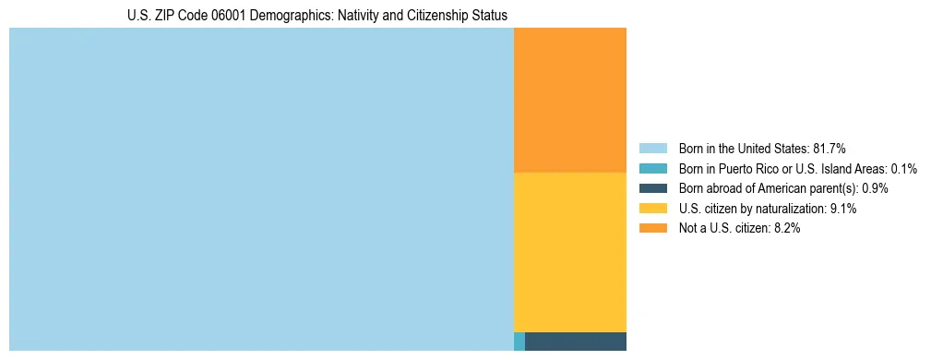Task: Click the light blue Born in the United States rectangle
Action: click(x=261, y=189)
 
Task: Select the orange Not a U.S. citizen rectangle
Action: click(x=569, y=100)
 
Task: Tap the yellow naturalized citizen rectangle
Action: click(x=569, y=252)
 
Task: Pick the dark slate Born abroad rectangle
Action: click(x=575, y=342)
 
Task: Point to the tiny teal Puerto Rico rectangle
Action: click(x=519, y=342)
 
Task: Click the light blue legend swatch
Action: click(x=652, y=148)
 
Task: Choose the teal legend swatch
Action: click(x=652, y=168)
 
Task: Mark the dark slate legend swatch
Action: click(x=652, y=188)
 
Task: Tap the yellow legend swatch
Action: click(x=652, y=209)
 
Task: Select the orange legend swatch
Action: click(x=652, y=228)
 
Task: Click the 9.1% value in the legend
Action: click(x=843, y=209)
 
